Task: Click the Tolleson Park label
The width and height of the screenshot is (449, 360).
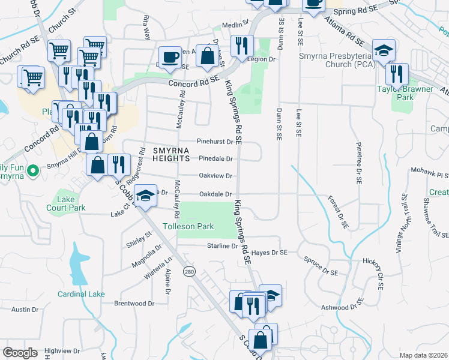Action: (x=188, y=227)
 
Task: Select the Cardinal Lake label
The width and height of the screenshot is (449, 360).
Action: (x=81, y=294)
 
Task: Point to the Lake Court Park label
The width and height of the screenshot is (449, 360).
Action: (x=71, y=203)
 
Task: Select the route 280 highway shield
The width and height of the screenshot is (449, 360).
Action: (x=190, y=272)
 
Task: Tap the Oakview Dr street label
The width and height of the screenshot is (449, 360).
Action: (x=215, y=176)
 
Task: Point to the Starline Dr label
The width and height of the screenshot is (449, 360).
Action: (x=223, y=246)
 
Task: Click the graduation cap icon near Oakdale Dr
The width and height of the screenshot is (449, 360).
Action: (x=145, y=195)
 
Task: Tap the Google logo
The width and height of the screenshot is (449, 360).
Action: (x=20, y=353)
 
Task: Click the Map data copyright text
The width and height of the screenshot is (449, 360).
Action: (x=423, y=355)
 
